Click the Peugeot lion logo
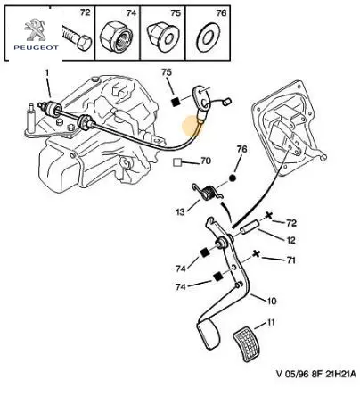click(36, 30)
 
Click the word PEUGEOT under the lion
click(36, 47)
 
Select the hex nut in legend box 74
click(117, 37)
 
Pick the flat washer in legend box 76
click(208, 37)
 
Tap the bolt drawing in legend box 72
click(77, 37)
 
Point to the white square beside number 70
click(177, 162)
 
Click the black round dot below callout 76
click(233, 178)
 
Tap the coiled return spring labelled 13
click(208, 193)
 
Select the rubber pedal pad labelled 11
click(248, 344)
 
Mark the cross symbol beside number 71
click(256, 254)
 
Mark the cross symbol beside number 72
click(268, 215)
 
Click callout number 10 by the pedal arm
click(272, 301)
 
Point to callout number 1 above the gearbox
click(46, 73)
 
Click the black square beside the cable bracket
click(176, 102)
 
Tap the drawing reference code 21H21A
click(340, 374)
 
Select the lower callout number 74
click(180, 287)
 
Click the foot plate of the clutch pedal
click(209, 334)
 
